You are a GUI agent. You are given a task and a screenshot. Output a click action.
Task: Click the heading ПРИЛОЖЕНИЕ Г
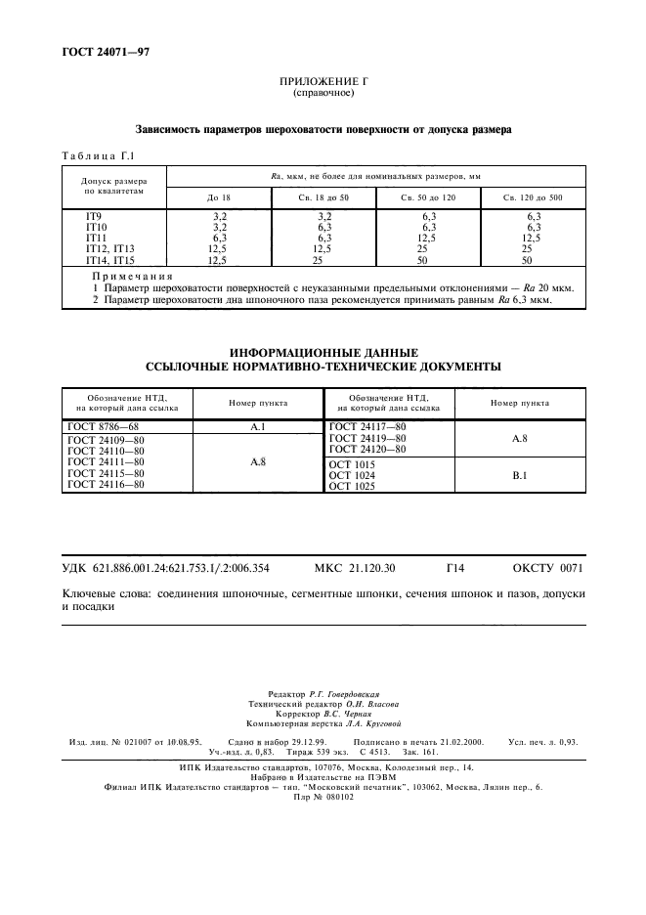click(x=323, y=84)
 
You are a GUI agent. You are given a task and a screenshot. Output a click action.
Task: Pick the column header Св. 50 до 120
click(x=428, y=198)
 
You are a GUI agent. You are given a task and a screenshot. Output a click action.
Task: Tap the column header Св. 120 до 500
click(x=534, y=198)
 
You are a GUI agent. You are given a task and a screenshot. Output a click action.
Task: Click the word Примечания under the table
click(x=131, y=278)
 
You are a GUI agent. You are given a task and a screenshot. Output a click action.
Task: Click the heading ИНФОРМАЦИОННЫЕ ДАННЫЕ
click(x=323, y=352)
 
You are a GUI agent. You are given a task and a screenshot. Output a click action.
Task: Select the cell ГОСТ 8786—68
click(x=104, y=426)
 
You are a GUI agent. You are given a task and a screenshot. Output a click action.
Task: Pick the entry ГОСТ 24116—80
click(x=107, y=485)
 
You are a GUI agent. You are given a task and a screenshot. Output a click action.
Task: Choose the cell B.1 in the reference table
click(x=519, y=474)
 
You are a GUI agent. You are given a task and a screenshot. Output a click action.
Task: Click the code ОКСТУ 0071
click(x=547, y=568)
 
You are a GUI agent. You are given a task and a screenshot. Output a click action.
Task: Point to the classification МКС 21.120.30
click(x=355, y=568)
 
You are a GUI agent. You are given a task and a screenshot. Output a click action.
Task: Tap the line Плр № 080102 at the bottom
click(x=323, y=796)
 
